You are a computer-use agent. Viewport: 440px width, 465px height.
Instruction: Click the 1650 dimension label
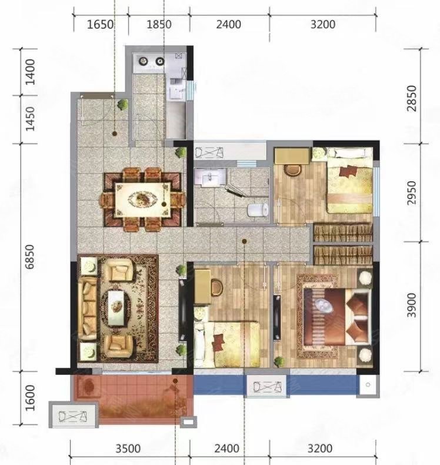click(100, 24)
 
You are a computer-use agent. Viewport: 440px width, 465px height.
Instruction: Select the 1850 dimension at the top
click(159, 24)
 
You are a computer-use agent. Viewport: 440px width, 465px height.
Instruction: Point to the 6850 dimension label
click(29, 257)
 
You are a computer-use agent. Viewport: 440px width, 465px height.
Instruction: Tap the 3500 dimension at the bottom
click(128, 449)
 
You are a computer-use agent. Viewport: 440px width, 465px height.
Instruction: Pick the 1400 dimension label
click(30, 72)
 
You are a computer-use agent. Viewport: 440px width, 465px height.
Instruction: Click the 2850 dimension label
click(412, 98)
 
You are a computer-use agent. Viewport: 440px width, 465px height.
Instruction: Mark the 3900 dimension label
click(412, 305)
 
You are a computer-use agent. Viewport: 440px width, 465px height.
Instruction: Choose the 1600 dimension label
click(30, 398)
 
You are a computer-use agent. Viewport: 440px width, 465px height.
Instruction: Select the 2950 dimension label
click(412, 192)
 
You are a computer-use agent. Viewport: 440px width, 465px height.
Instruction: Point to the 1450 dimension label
click(30, 119)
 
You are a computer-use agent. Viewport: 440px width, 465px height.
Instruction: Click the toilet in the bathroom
click(258, 210)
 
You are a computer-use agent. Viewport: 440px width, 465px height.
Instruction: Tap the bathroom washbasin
click(210, 178)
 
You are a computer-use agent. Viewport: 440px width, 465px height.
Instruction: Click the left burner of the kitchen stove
click(144, 61)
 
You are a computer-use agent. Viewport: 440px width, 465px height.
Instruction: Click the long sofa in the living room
click(88, 308)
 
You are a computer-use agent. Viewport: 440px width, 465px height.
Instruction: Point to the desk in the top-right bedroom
click(292, 156)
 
